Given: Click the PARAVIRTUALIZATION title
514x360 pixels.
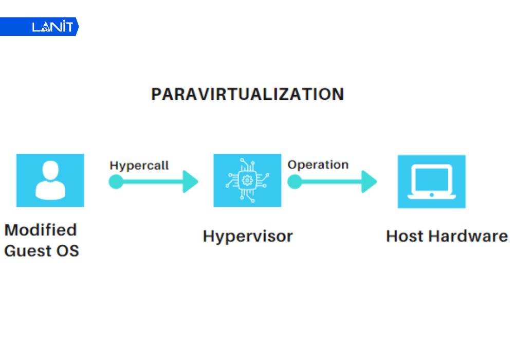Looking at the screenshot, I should coord(247,95).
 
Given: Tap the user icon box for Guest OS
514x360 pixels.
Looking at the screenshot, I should coord(50,180).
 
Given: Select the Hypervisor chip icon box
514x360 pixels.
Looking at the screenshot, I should coord(247,180).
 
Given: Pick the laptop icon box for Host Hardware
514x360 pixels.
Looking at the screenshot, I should coord(431,181).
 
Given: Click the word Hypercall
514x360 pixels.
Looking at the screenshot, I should coord(139,166).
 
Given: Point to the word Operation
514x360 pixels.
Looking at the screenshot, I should coord(318,165).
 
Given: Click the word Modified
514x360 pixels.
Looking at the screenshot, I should coord(41,229).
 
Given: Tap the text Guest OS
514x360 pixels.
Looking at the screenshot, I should coord(42,251).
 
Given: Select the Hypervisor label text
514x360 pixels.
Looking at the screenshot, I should coord(247,236).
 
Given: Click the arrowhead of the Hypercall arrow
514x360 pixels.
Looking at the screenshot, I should coord(191,182).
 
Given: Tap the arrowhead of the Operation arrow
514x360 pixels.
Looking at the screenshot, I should coord(369,182).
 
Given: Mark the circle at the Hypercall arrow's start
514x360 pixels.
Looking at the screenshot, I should coord(116,182).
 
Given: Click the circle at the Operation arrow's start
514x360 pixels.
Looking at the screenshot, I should coord(294,182).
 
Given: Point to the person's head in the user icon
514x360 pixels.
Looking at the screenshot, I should coord(50,170).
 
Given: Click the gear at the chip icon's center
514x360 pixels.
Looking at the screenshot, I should coord(247,181).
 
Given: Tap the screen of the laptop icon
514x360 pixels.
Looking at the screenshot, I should coord(431,178).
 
